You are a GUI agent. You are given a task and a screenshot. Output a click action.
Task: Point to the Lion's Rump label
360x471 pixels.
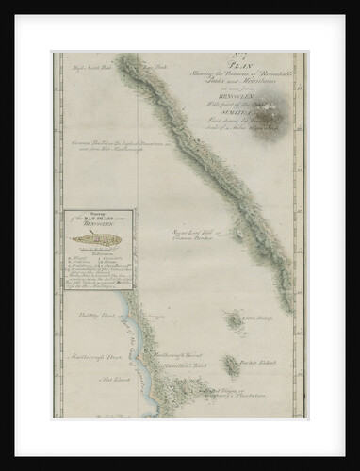[255, 320]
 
